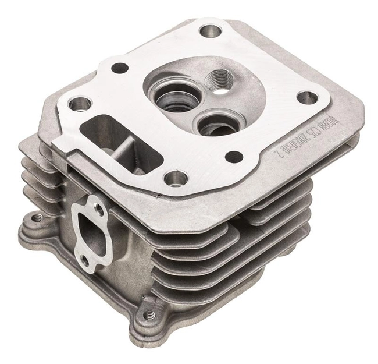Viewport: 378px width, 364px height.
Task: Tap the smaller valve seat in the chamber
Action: (214, 123)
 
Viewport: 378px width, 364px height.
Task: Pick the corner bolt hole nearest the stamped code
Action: (308, 97)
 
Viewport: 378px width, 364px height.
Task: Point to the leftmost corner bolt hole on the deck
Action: (79, 104)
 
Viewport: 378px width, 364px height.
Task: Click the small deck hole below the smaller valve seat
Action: (234, 156)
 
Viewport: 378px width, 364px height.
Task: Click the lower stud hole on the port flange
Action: (85, 261)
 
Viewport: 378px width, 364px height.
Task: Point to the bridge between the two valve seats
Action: (195, 108)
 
